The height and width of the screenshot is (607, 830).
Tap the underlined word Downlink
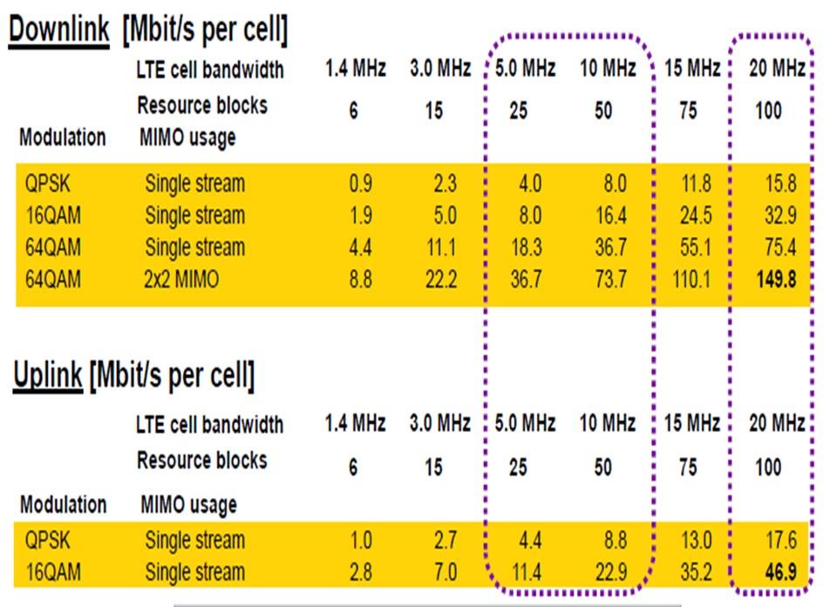click(x=59, y=31)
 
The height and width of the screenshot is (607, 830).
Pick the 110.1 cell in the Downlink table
click(x=688, y=280)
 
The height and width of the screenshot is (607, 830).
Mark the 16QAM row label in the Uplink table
click(x=53, y=573)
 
